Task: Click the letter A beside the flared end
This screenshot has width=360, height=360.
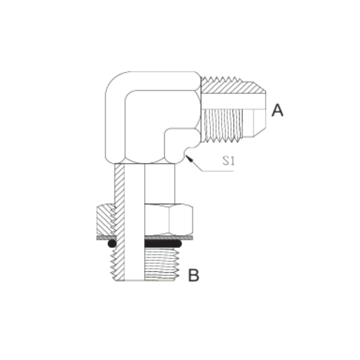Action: coord(277,110)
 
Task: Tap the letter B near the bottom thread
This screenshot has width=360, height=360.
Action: coord(193,274)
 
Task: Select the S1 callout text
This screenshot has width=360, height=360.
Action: coord(229,161)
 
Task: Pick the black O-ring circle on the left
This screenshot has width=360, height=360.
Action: coord(112,243)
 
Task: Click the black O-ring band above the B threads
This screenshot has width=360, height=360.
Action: coord(162,243)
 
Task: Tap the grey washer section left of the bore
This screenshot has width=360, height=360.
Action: coord(106,237)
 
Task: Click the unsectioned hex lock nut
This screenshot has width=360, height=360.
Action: coord(168,219)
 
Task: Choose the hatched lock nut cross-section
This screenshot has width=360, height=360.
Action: coord(106,219)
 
